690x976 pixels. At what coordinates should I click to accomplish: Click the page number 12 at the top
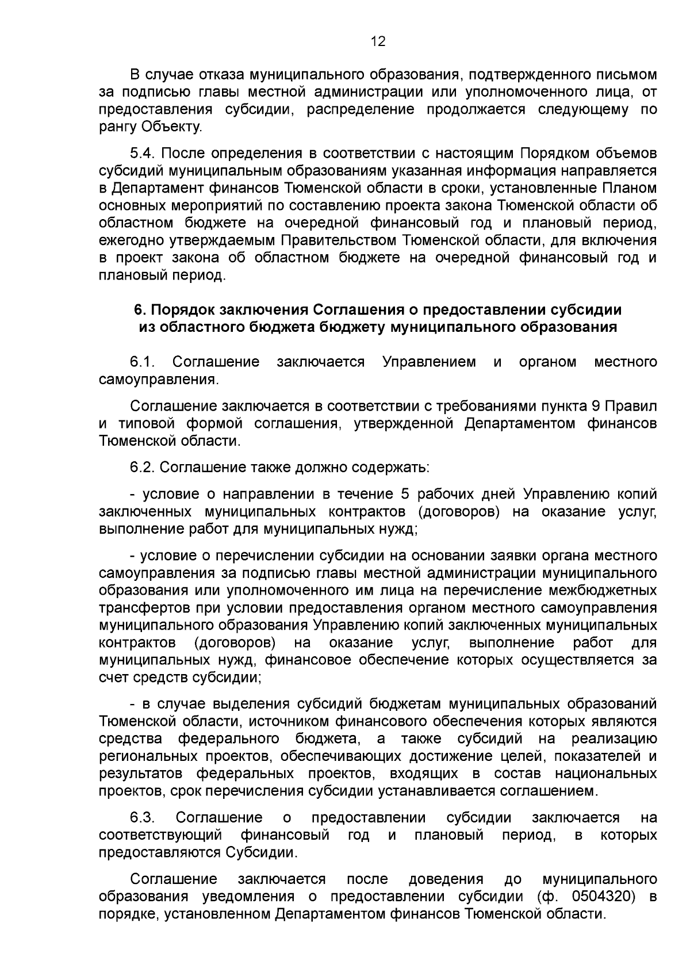click(x=378, y=41)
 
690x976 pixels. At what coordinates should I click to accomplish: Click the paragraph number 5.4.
click(x=143, y=154)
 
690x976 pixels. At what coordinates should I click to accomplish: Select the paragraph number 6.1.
click(x=143, y=362)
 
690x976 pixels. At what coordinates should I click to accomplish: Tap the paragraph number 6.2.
click(x=143, y=468)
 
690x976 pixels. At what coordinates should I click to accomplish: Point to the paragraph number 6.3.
click(x=143, y=818)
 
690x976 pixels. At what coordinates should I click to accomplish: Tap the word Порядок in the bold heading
click(x=182, y=310)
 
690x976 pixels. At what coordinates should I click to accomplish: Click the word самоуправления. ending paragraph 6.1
click(x=159, y=380)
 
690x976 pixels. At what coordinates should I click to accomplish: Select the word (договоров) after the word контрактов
click(x=235, y=642)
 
